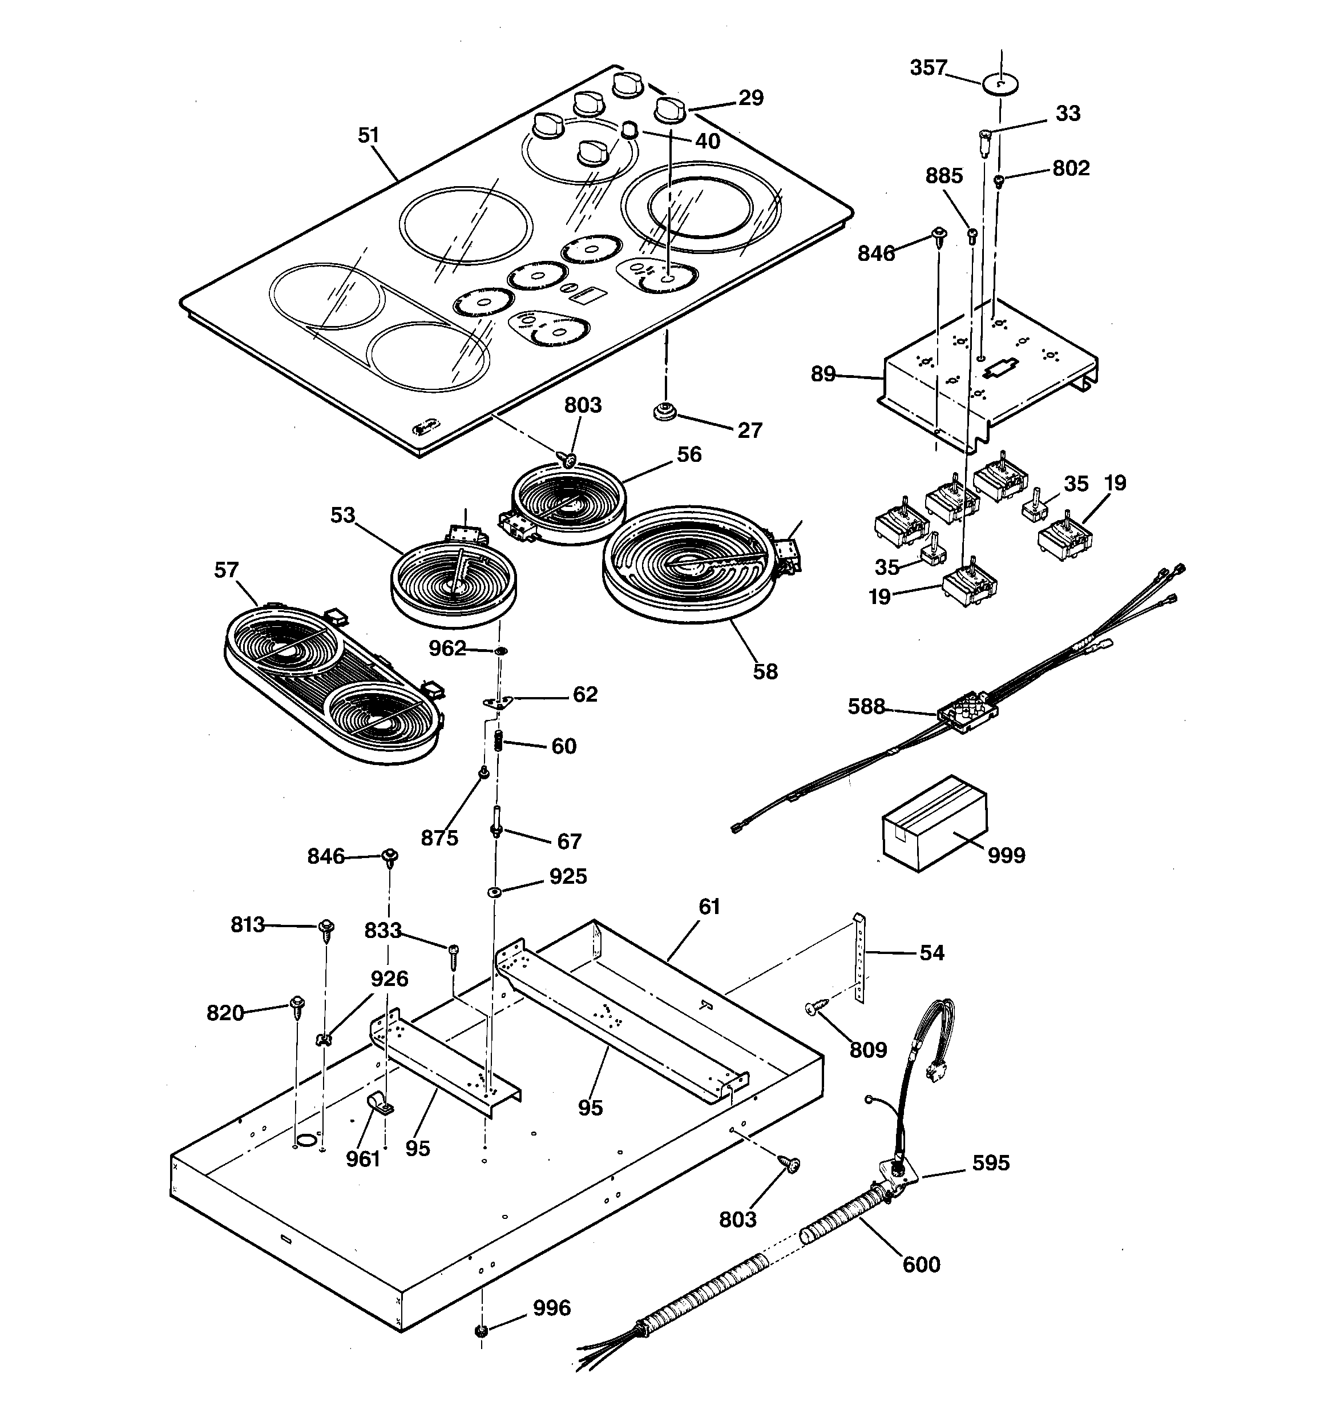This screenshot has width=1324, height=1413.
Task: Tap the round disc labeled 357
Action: click(x=1000, y=84)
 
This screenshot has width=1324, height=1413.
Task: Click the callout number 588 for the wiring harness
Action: click(x=866, y=707)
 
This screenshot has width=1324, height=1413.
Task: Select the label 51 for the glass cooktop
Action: click(x=368, y=135)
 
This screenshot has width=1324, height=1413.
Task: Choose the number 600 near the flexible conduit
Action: click(x=921, y=1265)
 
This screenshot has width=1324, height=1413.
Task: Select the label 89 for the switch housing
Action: click(x=823, y=374)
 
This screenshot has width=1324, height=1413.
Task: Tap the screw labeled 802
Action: click(x=999, y=180)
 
